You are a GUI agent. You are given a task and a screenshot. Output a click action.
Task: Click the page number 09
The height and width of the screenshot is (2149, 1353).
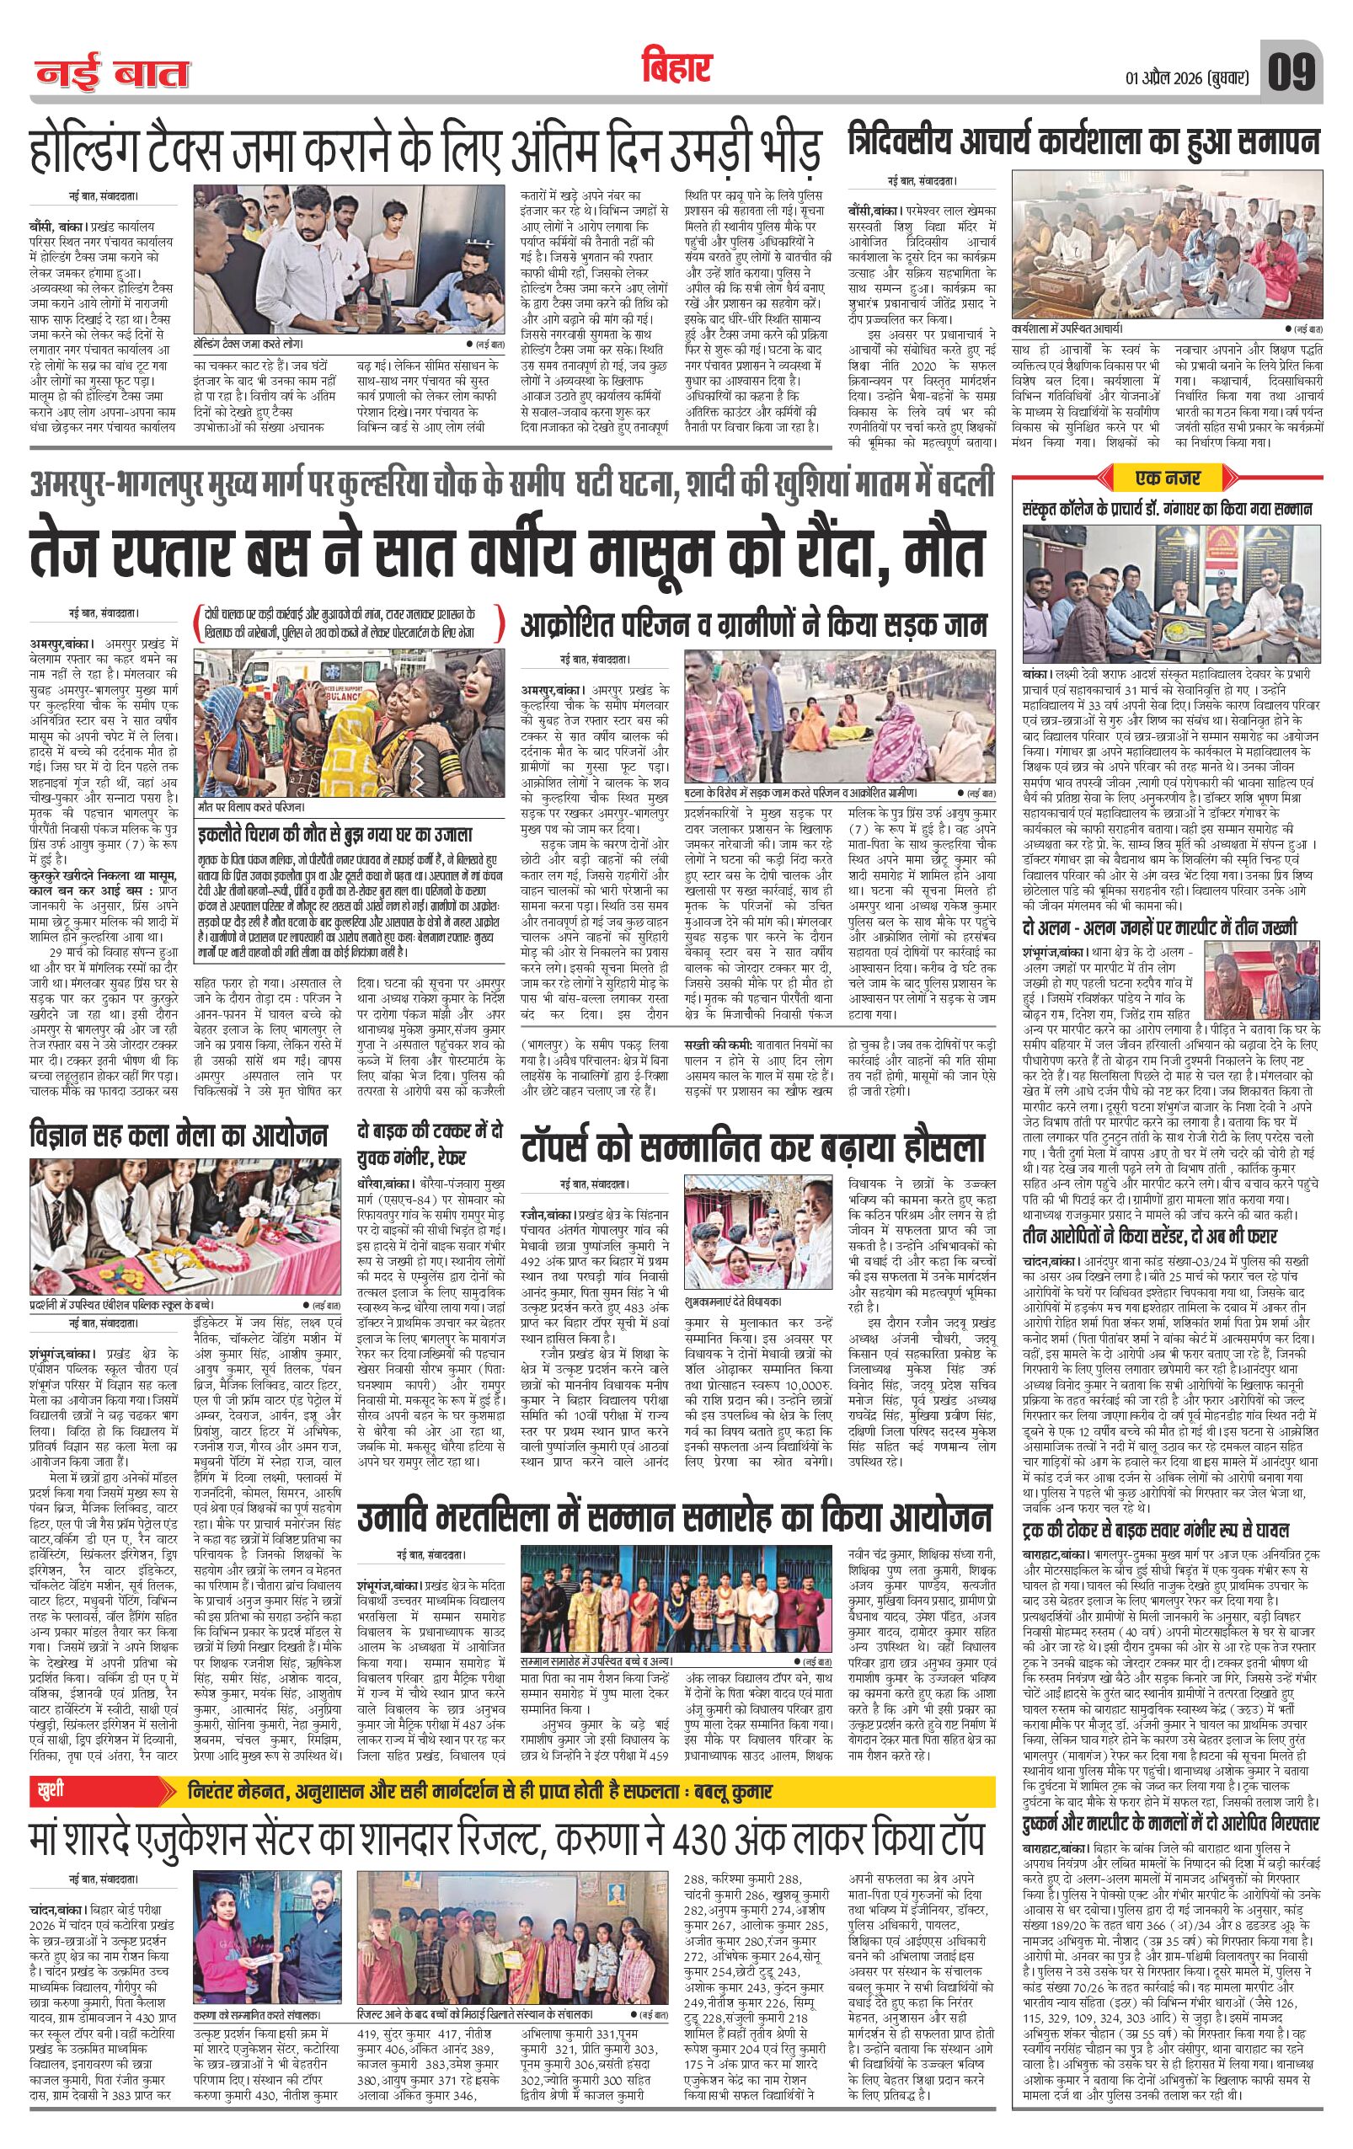pyautogui.click(x=1291, y=72)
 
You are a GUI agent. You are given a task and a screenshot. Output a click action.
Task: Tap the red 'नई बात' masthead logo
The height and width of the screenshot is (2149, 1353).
pyautogui.click(x=112, y=74)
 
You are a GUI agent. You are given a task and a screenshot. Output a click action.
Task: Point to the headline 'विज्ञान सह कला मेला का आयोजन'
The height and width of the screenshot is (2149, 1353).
pyautogui.click(x=179, y=1136)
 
